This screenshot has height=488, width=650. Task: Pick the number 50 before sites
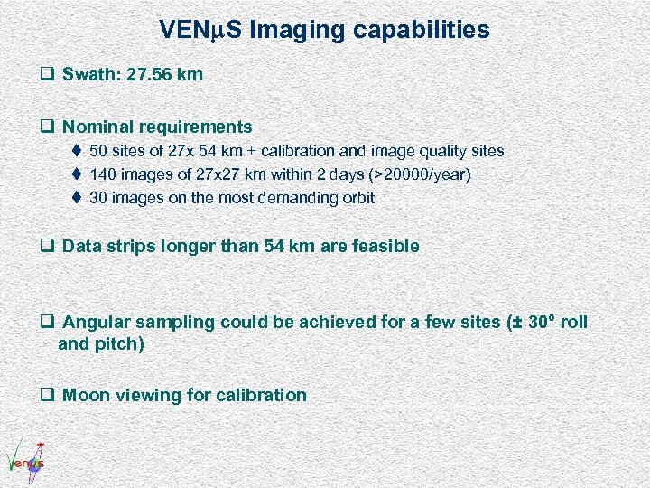(x=99, y=151)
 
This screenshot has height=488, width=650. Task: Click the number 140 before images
(x=104, y=174)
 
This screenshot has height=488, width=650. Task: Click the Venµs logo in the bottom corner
(x=25, y=458)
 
